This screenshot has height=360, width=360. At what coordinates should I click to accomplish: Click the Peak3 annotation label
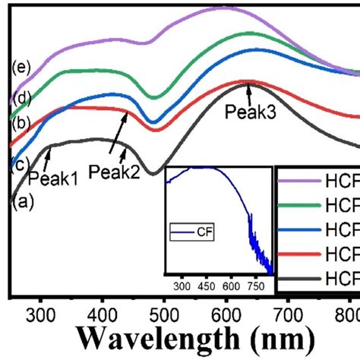248,112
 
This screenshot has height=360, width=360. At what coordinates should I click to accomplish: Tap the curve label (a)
22,201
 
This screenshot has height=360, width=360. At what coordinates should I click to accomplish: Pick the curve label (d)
21,98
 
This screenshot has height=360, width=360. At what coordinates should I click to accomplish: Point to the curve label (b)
21,123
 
